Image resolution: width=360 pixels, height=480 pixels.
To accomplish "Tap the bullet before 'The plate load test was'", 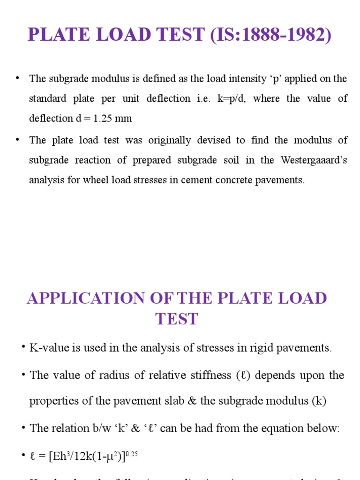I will pos(18,140).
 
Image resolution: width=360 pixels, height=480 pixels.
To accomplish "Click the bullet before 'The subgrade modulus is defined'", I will pos(18,78).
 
